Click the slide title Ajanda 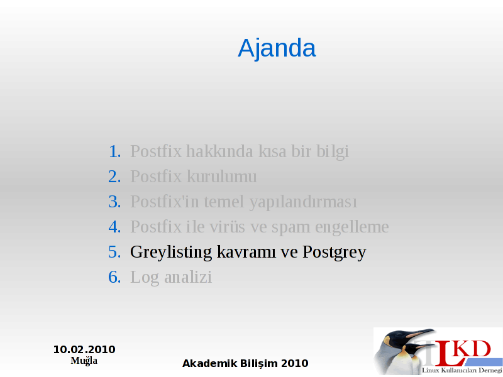coord(277,48)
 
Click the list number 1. coord(114,151)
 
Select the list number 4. coord(114,227)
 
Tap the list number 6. coord(114,277)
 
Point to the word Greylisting coord(171,253)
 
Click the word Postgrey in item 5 coord(334,253)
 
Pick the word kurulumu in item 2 coord(222,177)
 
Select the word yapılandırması coord(303,202)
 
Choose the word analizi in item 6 coord(188,277)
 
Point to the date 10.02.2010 coord(84,349)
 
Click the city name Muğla coord(84,361)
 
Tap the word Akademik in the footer coord(210,363)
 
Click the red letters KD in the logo coord(473,349)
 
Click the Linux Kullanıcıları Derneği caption coord(462,371)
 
